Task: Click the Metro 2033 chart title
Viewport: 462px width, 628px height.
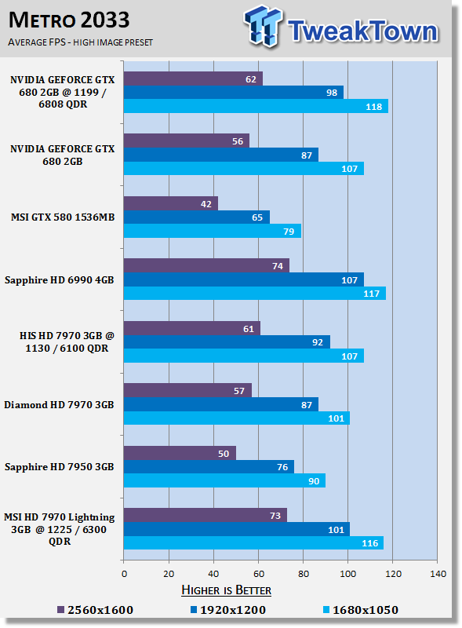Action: (x=69, y=20)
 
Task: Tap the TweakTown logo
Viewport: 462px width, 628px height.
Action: (x=341, y=27)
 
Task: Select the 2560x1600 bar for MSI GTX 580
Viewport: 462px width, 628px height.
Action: (x=170, y=203)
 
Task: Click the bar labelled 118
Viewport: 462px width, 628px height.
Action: (x=256, y=106)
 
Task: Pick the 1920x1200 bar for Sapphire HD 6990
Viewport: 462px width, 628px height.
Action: (x=244, y=279)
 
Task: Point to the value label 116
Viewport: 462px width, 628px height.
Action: (x=370, y=543)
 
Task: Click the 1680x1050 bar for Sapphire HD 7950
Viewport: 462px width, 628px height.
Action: (x=224, y=480)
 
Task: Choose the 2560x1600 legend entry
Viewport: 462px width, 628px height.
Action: (x=95, y=610)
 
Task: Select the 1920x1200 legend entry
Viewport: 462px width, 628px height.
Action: (x=227, y=610)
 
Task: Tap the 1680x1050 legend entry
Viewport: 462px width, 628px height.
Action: (x=361, y=610)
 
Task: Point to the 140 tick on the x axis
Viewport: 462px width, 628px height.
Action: (x=438, y=574)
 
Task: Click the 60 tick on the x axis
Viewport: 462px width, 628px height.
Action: (x=259, y=574)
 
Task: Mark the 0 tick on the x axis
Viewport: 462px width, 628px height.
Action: (x=124, y=574)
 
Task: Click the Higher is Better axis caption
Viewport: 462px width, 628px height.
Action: (x=226, y=590)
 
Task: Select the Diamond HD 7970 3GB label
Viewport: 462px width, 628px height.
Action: (x=60, y=405)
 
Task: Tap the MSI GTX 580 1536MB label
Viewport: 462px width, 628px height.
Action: (x=63, y=217)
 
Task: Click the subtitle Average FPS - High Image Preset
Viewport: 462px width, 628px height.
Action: (x=81, y=42)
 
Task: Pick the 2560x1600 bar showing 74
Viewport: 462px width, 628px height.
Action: (x=206, y=265)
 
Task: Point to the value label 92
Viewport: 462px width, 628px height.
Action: (x=318, y=342)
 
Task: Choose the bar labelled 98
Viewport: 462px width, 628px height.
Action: (x=234, y=92)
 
